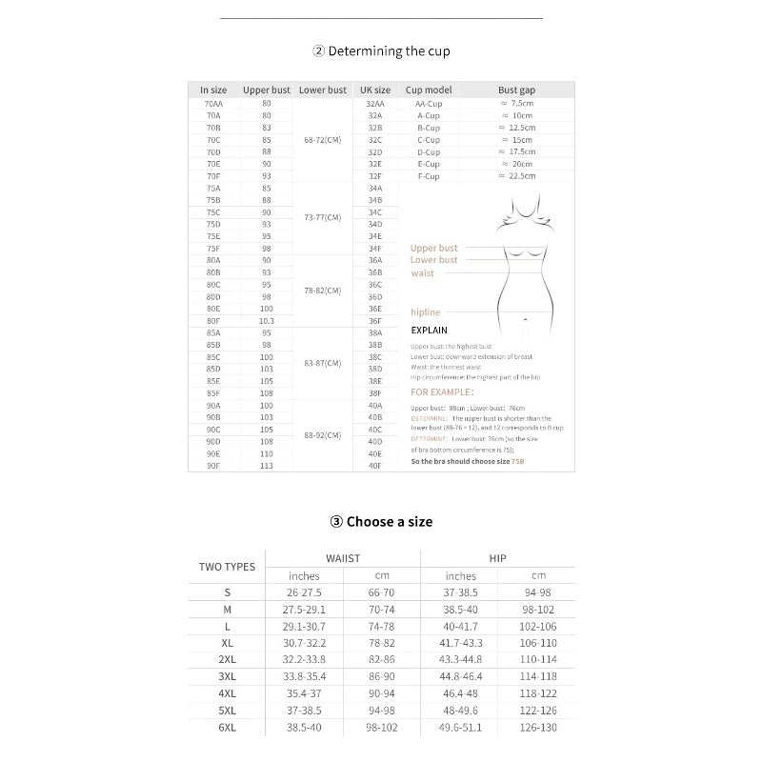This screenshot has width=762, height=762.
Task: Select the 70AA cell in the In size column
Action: (x=213, y=103)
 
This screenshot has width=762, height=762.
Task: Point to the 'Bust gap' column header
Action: (x=517, y=90)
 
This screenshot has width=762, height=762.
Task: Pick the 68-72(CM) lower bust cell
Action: (x=322, y=140)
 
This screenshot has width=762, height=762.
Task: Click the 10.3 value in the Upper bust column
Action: (x=267, y=321)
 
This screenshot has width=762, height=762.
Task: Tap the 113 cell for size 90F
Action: (x=267, y=466)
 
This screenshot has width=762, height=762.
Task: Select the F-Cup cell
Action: (x=428, y=176)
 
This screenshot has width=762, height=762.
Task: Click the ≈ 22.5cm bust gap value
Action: (x=517, y=176)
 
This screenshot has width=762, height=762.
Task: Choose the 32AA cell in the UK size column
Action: (x=375, y=103)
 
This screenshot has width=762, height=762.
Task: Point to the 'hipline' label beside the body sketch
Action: (x=425, y=311)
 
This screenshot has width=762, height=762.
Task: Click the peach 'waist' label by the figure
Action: (x=422, y=273)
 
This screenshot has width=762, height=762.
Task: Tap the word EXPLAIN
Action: (x=429, y=331)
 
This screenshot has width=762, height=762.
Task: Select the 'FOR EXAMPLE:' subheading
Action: (x=441, y=391)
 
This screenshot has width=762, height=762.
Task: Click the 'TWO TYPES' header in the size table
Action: (x=227, y=567)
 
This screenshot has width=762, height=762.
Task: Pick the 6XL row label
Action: (x=227, y=728)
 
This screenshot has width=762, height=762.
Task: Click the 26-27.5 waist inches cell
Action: (x=304, y=592)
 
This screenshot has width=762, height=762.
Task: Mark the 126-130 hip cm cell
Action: (x=538, y=728)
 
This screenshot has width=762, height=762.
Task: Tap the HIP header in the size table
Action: (x=497, y=558)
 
